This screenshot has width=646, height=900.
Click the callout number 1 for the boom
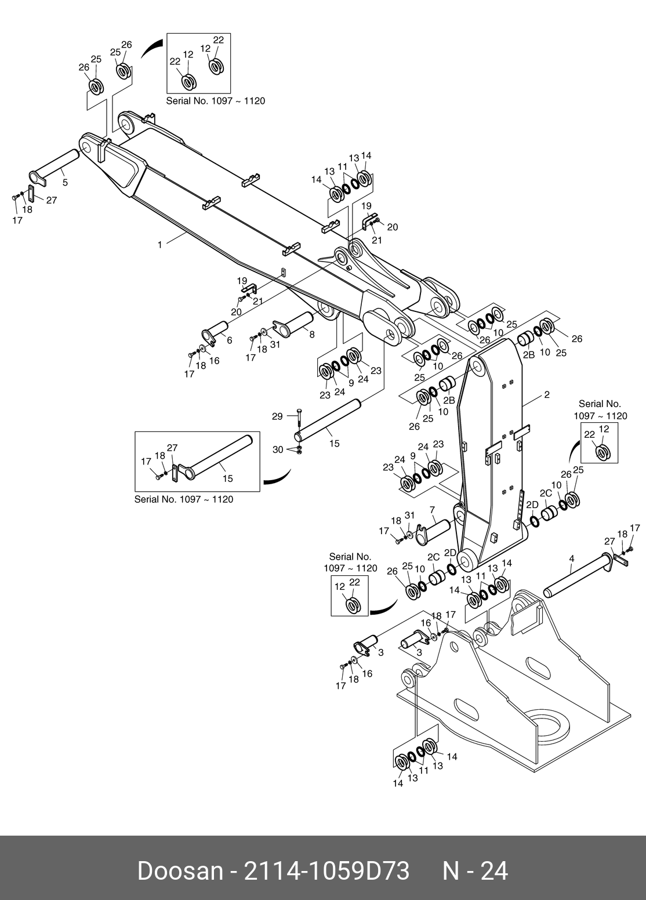(160, 245)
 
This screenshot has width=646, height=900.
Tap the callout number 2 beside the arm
(546, 395)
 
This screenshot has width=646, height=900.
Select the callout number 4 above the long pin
(571, 558)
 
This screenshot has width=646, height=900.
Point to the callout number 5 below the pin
(65, 183)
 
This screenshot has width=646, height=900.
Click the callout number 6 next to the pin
(230, 340)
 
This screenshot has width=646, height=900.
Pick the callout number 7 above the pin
(432, 510)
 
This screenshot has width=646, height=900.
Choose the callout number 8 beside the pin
(312, 334)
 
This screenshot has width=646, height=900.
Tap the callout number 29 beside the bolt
(277, 416)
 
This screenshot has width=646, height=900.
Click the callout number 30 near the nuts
(278, 449)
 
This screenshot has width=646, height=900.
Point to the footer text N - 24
(475, 871)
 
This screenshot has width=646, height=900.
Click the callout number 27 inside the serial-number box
(172, 447)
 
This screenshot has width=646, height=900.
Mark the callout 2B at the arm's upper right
(528, 355)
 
